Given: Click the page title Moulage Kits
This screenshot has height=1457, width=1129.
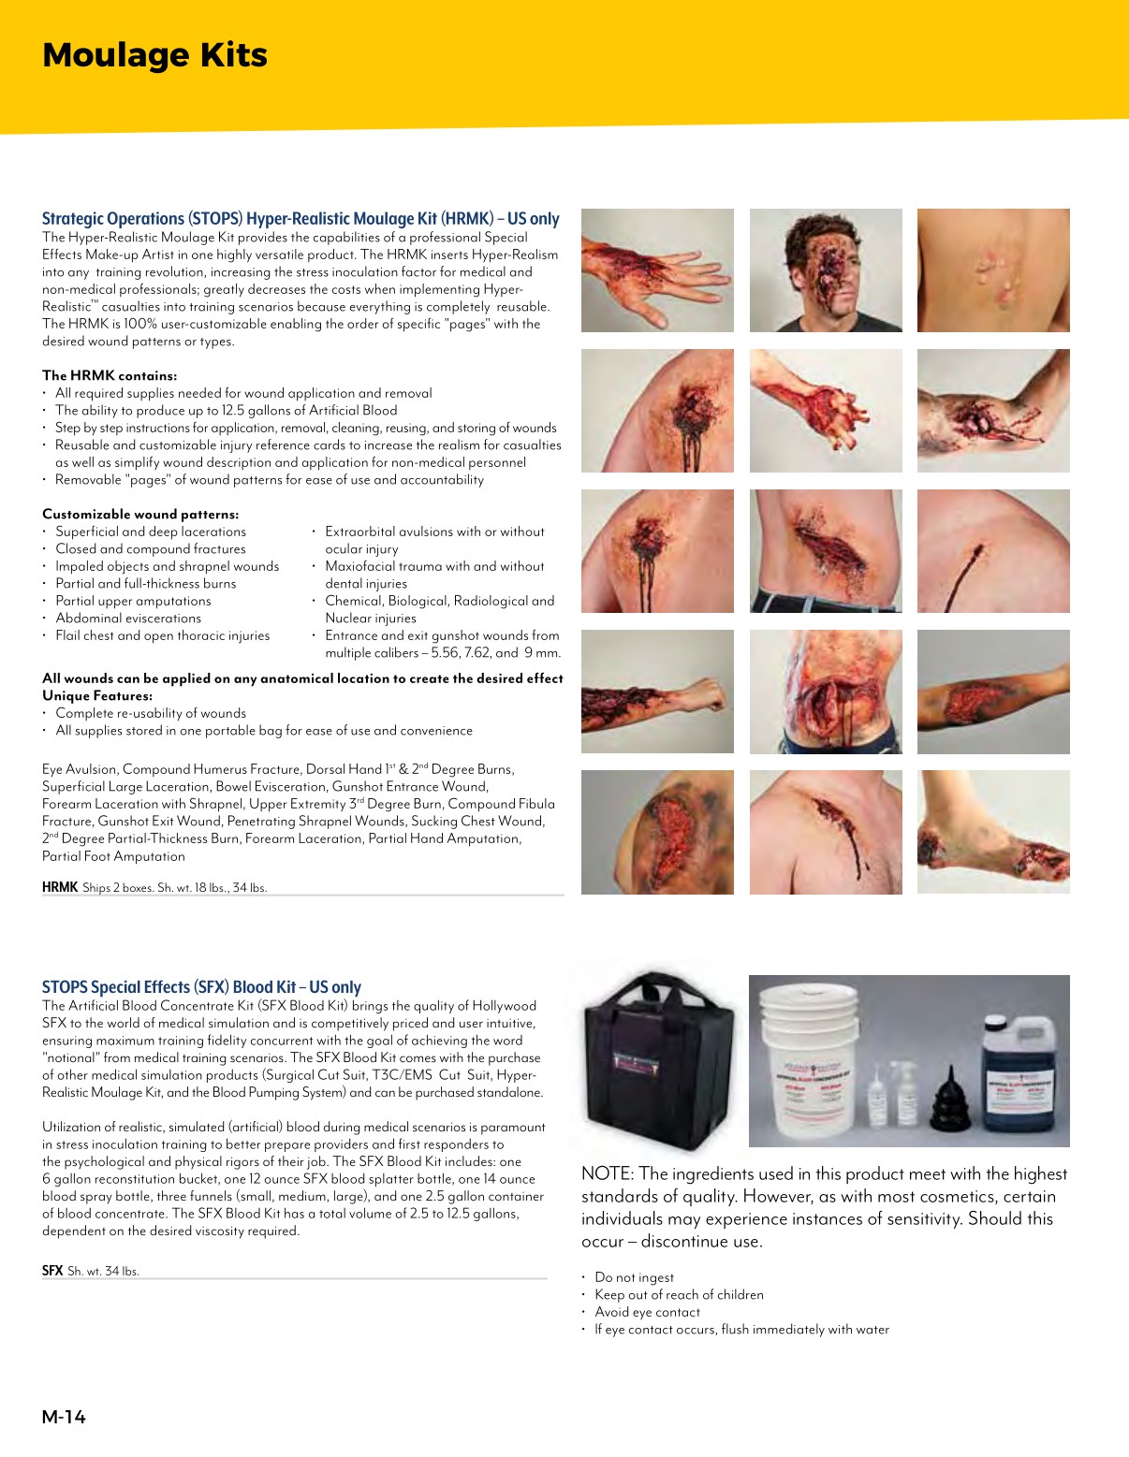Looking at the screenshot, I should click(154, 55).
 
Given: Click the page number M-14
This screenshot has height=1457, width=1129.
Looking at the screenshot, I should click(64, 1417).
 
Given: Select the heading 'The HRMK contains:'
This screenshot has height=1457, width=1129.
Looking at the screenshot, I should click(110, 375).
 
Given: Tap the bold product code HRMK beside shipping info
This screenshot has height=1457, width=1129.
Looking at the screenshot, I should click(59, 887).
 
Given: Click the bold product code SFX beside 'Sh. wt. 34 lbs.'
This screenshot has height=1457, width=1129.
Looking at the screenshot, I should click(52, 1271).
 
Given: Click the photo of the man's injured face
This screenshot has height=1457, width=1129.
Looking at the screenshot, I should click(826, 270).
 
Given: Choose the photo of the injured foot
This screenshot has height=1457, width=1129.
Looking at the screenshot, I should click(993, 832).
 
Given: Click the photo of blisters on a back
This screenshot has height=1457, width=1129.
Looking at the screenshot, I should click(993, 270).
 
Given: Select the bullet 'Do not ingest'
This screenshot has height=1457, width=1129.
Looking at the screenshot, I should click(634, 1277).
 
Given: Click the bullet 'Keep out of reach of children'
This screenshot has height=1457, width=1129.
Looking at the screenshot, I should click(679, 1294).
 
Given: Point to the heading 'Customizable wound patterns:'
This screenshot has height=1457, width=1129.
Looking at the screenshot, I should click(140, 514).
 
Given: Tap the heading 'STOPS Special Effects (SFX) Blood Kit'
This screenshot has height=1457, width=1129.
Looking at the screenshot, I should click(201, 986).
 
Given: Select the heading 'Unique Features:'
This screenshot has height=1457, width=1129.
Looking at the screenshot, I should click(97, 695).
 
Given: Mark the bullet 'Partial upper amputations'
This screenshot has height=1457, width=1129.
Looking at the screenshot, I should click(133, 601).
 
